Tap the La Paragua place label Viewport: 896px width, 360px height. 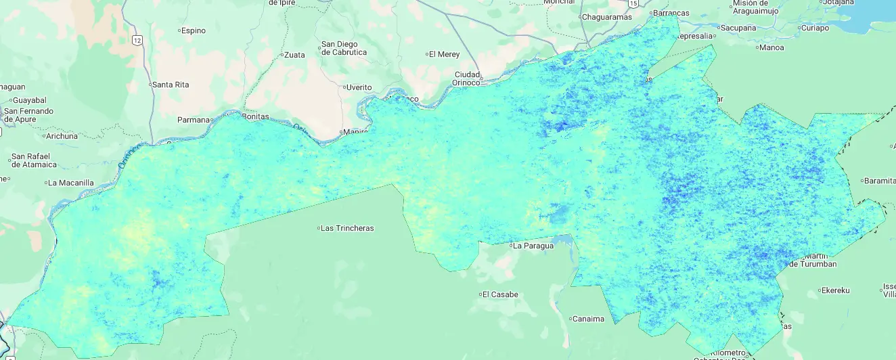533,246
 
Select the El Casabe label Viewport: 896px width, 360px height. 501,294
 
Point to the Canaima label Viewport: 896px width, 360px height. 589,319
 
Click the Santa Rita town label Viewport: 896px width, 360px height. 170,85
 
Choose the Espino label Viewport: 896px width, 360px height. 193,30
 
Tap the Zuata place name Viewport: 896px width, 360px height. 294,55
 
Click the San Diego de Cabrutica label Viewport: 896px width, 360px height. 344,48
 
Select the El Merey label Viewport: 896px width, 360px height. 445,54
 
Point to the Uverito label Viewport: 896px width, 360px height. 359,87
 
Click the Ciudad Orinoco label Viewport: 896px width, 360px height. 467,78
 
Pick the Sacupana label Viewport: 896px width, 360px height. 738,28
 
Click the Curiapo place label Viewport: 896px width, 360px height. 814,28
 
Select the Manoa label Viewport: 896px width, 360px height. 771,47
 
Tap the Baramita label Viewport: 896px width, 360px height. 880,181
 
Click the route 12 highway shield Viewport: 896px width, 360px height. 137,41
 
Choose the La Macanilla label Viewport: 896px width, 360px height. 70,183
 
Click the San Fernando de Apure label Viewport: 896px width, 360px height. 28,115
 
